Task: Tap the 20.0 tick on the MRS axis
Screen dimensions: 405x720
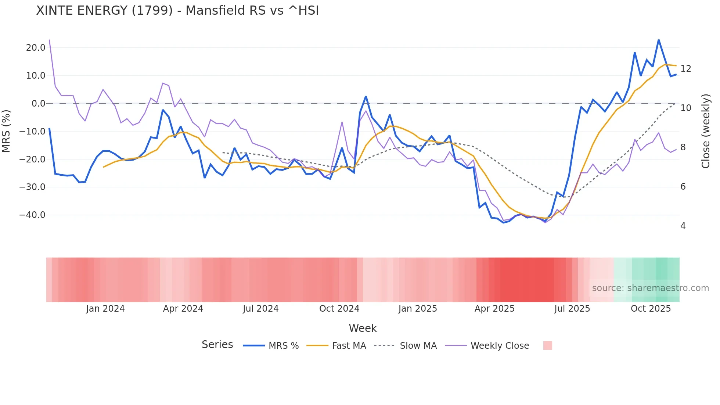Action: [36, 48]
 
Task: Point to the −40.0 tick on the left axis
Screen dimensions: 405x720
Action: [32, 215]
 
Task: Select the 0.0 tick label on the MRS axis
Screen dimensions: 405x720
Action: [39, 104]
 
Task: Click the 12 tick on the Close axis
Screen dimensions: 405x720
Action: [685, 69]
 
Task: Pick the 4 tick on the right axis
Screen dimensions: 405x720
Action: [683, 226]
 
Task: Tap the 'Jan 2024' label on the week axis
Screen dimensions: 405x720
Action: [105, 309]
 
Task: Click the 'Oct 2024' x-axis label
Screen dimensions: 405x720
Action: [339, 309]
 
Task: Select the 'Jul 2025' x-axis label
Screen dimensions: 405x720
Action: [572, 309]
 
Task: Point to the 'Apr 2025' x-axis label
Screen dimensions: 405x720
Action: [494, 309]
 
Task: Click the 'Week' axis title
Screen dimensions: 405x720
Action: [363, 328]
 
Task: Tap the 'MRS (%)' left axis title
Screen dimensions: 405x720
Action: [6, 131]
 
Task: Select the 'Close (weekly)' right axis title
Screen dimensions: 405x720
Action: [706, 131]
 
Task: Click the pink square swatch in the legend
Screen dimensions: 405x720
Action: [548, 345]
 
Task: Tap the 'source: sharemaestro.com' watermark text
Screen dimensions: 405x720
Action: [650, 288]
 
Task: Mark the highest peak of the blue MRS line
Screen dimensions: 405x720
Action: [659, 40]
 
